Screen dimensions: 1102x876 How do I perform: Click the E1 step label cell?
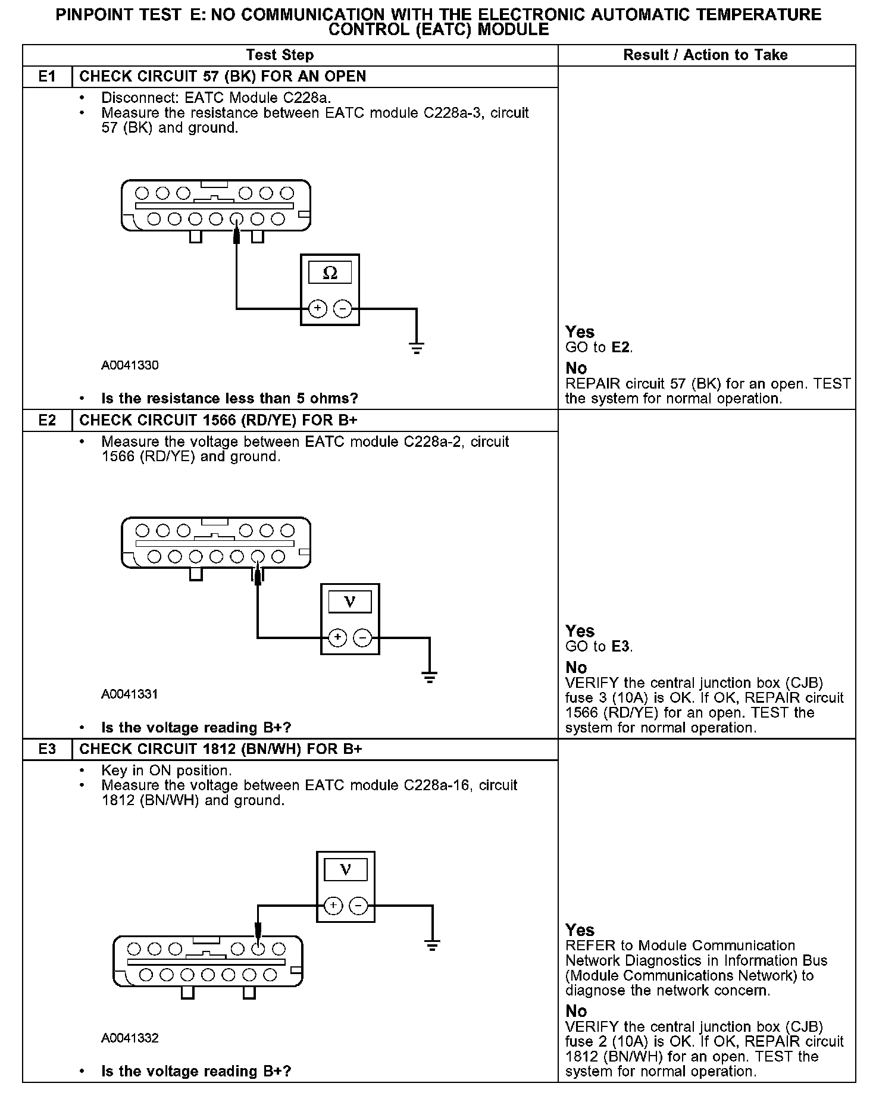(47, 77)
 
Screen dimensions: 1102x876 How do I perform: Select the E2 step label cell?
(47, 420)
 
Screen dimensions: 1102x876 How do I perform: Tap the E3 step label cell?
(47, 749)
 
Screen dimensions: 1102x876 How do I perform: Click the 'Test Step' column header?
(280, 55)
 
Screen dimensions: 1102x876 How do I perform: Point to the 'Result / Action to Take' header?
(705, 55)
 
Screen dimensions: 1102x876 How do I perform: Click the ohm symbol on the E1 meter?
(330, 273)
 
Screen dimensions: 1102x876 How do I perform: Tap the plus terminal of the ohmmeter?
(318, 309)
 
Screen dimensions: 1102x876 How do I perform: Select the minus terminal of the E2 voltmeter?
(362, 638)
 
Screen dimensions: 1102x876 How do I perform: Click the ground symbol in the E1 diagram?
(417, 348)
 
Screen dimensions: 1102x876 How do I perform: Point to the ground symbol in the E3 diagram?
(432, 944)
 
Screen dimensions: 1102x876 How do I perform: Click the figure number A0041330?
(130, 365)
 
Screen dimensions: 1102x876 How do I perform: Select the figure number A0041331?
(130, 694)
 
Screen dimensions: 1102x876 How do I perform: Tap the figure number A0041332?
(130, 1038)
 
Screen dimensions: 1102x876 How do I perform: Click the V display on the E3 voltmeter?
(345, 871)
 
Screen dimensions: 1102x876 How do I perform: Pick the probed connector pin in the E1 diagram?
(236, 219)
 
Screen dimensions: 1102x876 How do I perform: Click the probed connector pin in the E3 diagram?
(258, 948)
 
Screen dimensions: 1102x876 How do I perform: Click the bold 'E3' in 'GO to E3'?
(620, 647)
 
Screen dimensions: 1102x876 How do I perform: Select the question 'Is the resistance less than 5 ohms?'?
(230, 398)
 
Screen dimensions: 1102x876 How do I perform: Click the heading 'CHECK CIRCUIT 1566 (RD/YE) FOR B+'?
(218, 420)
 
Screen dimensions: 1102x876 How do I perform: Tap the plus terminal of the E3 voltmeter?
(333, 906)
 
